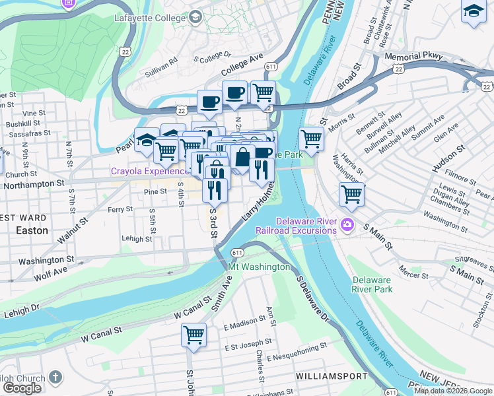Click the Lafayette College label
coord(149,18)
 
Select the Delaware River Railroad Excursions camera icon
coord(346,226)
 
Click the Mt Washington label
coord(259,267)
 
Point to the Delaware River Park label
coord(372,284)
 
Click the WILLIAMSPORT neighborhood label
coord(331,376)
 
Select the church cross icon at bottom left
coord(55,378)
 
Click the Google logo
coord(22,387)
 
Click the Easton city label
coord(32,231)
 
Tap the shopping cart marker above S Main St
coord(351,194)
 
